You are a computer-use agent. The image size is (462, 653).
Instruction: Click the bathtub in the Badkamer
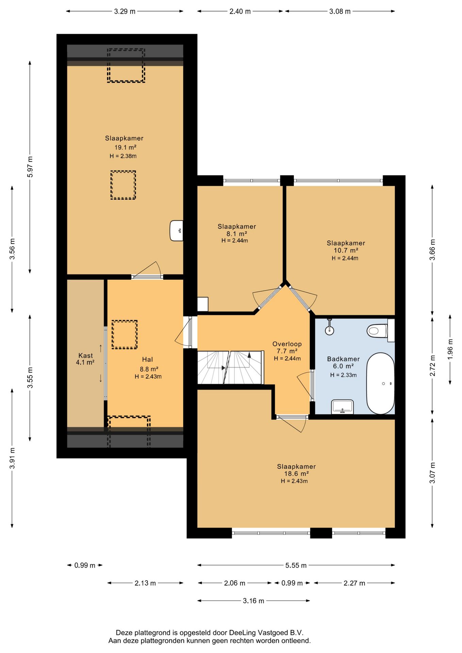pyautogui.click(x=380, y=383)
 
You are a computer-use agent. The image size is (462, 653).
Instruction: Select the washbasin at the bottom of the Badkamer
pyautogui.click(x=342, y=407)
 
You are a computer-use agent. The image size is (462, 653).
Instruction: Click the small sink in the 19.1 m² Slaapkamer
pyautogui.click(x=176, y=231)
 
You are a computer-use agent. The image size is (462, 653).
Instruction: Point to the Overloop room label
pyautogui.click(x=287, y=344)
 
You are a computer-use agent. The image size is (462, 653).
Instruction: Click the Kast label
pyautogui.click(x=85, y=355)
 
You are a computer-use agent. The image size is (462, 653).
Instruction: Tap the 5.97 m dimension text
pyautogui.click(x=30, y=167)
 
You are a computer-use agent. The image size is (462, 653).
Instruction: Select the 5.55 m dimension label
pyautogui.click(x=296, y=565)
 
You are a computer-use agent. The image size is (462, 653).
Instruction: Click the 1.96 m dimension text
pyautogui.click(x=450, y=349)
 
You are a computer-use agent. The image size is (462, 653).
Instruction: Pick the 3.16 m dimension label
pyautogui.click(x=253, y=601)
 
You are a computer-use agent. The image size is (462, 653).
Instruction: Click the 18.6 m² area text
pyautogui.click(x=296, y=474)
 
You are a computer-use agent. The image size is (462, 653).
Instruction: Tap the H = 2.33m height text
pyautogui.click(x=343, y=375)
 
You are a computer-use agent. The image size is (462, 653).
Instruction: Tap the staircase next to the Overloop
pyautogui.click(x=230, y=367)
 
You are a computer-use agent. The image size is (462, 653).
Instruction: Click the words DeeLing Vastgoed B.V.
pyautogui.click(x=266, y=633)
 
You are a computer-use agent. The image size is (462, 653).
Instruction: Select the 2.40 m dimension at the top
pyautogui.click(x=240, y=11)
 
